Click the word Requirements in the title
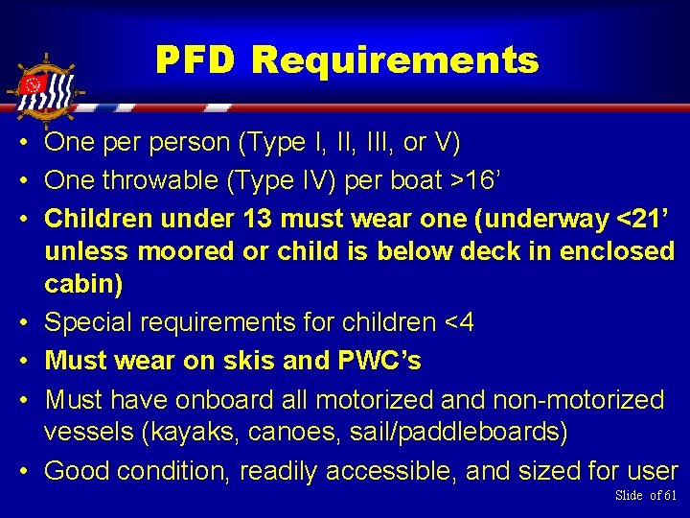(395, 61)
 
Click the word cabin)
(81, 285)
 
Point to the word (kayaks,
(191, 433)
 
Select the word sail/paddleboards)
(456, 433)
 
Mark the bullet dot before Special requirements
(20, 323)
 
